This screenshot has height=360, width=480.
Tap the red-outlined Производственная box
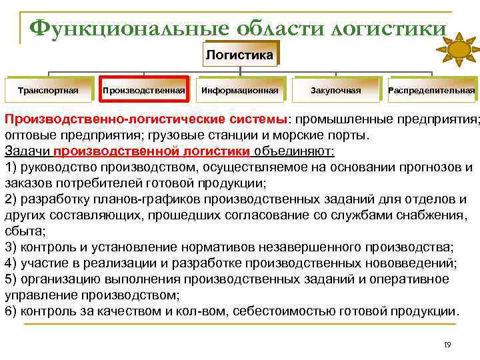144,90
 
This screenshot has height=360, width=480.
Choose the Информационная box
239,90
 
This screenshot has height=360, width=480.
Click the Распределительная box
431,90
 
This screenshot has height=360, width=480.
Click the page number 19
447,345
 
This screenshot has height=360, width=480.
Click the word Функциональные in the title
127,29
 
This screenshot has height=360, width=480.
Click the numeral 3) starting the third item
11,247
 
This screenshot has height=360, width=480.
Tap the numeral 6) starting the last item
11,311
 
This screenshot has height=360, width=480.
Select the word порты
346,135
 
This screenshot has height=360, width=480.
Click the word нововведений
413,263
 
